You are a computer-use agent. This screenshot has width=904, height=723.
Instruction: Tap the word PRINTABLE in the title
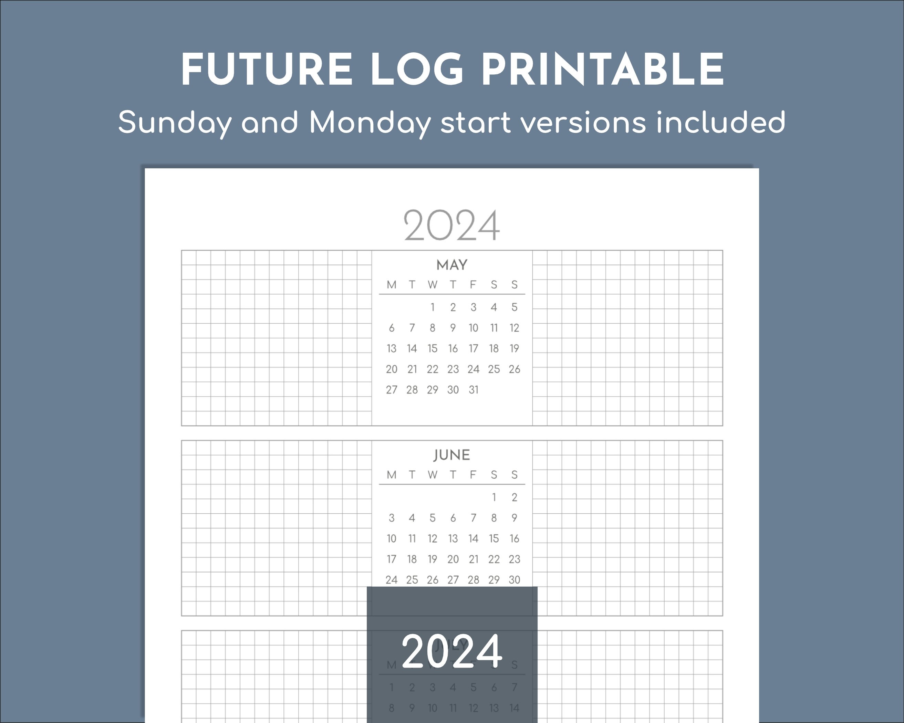(603, 70)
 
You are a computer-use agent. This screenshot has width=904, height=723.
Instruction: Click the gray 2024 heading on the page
(451, 226)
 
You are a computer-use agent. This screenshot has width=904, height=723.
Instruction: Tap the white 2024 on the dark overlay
(451, 651)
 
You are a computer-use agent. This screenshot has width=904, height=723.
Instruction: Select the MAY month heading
(451, 265)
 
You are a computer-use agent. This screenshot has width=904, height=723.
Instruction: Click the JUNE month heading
(451, 455)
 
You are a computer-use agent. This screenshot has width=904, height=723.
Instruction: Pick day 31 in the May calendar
(474, 390)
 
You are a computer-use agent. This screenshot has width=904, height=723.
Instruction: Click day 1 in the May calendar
(432, 307)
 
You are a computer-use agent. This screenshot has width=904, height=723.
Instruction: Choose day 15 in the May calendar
(432, 348)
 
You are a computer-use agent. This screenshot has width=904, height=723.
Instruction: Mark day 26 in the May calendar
(515, 369)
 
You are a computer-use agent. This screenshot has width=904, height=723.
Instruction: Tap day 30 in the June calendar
(515, 580)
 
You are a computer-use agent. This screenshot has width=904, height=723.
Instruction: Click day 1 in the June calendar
(494, 497)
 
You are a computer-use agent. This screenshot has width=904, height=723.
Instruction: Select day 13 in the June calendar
(453, 538)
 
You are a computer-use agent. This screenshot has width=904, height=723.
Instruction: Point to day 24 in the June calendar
(391, 580)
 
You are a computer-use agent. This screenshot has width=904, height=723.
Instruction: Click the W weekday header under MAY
(432, 285)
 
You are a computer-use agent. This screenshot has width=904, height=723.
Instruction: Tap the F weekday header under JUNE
(473, 475)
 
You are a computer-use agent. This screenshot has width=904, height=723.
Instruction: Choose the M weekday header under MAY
(391, 285)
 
